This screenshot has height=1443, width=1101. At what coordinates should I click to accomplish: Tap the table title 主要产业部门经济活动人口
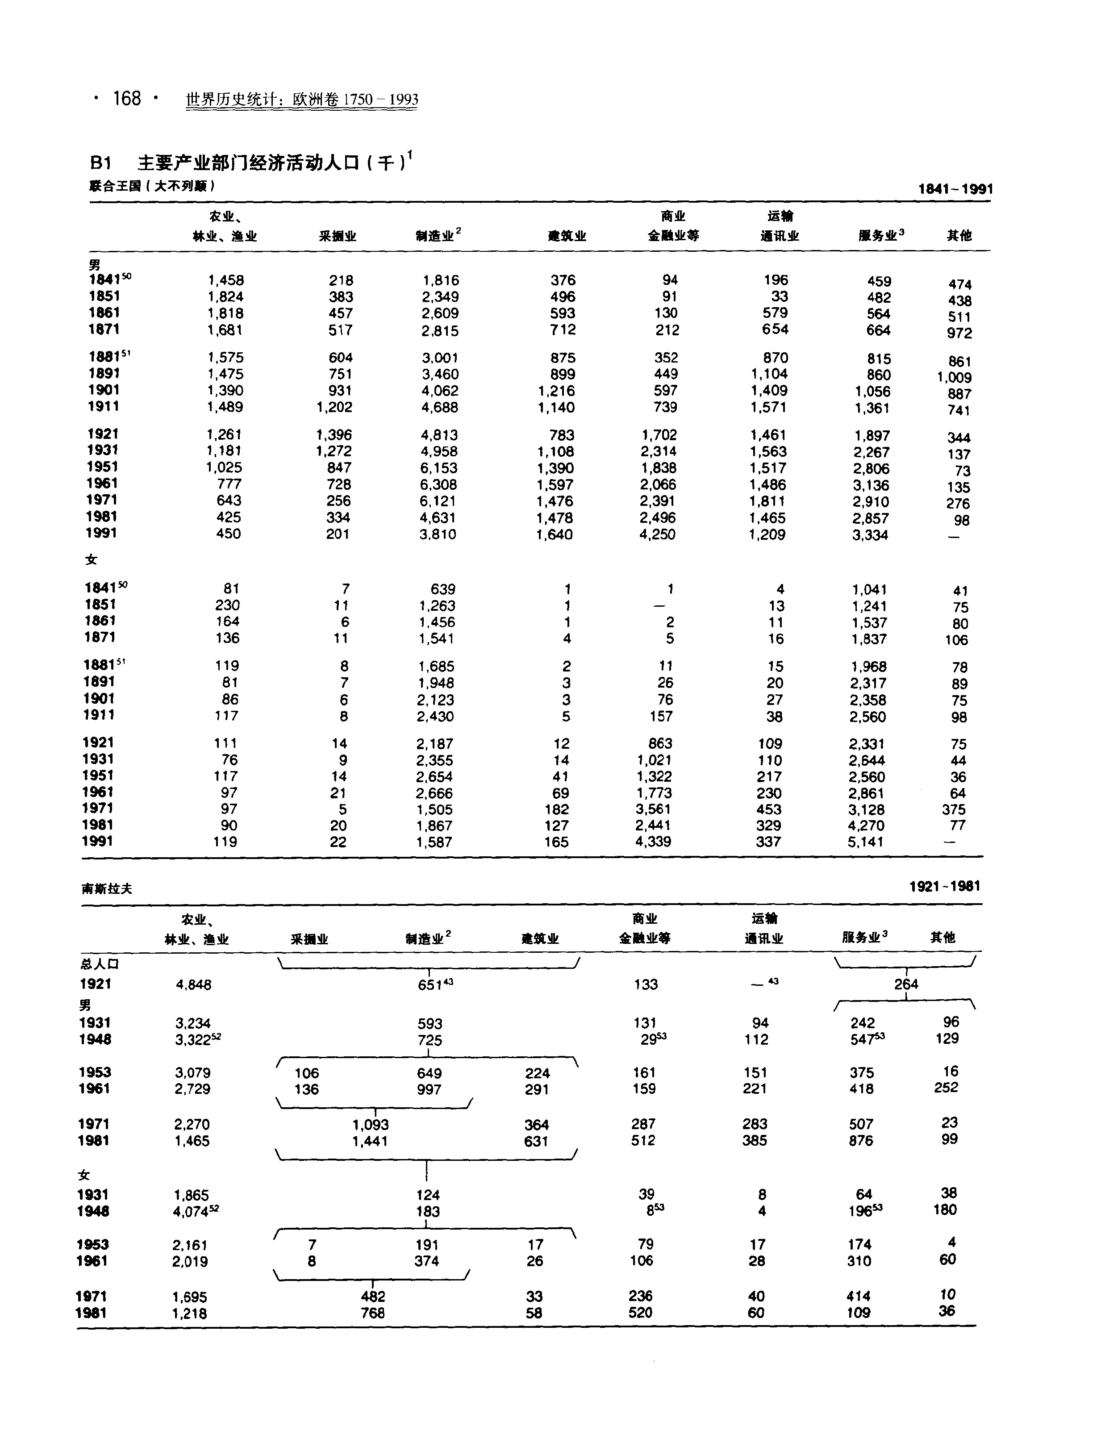249,162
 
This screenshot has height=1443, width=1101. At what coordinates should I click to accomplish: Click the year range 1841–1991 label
955,189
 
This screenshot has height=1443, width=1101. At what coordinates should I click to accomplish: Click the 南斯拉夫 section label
107,888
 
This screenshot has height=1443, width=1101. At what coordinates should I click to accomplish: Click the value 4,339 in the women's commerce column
653,842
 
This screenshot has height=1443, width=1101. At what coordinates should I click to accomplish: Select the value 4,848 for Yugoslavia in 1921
193,984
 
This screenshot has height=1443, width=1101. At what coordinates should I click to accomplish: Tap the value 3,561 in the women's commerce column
653,809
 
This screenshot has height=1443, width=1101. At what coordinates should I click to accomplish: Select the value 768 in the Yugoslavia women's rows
372,1313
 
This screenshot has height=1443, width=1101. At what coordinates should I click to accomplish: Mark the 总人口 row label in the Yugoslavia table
100,964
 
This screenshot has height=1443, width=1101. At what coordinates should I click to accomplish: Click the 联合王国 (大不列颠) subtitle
152,186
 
